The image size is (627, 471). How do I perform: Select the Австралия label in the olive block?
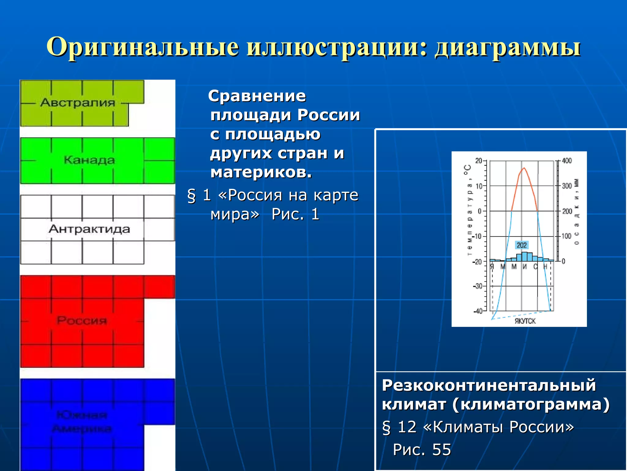pyautogui.click(x=77, y=103)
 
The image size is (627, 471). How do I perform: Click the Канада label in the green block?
pyautogui.click(x=89, y=160)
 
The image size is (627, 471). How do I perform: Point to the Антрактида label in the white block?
pyautogui.click(x=89, y=229)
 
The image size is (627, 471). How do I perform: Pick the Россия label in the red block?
pyautogui.click(x=82, y=321)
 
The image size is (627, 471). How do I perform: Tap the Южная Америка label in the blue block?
pyautogui.click(x=82, y=422)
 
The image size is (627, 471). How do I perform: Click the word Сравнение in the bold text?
pyautogui.click(x=257, y=96)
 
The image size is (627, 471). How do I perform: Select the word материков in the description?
pyautogui.click(x=261, y=172)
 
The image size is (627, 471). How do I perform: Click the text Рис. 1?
pyautogui.click(x=295, y=214)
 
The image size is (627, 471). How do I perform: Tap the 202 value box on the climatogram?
pyautogui.click(x=521, y=245)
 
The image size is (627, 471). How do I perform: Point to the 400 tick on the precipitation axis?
pyautogui.click(x=567, y=161)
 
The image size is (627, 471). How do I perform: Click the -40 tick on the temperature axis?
pyautogui.click(x=478, y=311)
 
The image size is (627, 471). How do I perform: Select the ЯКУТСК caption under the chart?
pyautogui.click(x=525, y=321)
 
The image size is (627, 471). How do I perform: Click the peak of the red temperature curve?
pyautogui.click(x=524, y=168)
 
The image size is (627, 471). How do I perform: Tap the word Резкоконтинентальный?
pyautogui.click(x=489, y=385)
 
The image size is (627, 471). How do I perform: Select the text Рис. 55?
pyautogui.click(x=422, y=450)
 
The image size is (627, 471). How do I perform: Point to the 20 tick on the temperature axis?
pyautogui.click(x=479, y=161)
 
